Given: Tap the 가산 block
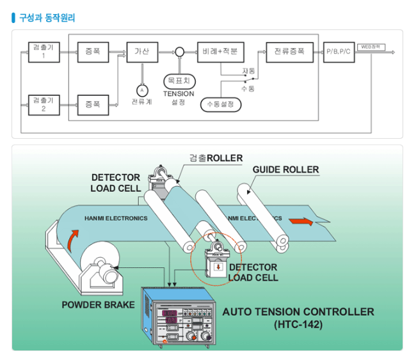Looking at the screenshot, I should [x=141, y=51].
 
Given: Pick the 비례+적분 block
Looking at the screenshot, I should [x=220, y=51].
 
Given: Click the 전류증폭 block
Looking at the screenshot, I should [x=289, y=51].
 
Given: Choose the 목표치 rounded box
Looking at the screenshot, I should [x=179, y=81].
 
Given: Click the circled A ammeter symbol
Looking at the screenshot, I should [x=142, y=90].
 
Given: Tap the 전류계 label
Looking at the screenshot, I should [x=142, y=102].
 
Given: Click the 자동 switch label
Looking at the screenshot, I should [x=248, y=70].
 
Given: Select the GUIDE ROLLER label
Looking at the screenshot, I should [x=285, y=170].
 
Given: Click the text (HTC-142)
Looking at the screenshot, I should [x=298, y=325].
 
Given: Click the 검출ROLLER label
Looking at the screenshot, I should [x=216, y=158].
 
